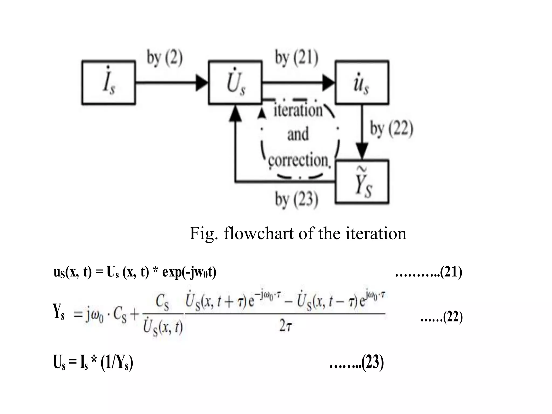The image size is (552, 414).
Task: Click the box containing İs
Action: point(108,82)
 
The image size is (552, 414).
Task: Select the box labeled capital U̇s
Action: point(235,82)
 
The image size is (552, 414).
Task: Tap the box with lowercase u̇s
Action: point(362,82)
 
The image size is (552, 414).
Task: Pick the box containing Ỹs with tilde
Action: point(362,182)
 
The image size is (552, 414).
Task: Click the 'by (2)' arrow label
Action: point(164,58)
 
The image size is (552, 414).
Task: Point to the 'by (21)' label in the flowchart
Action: point(296,58)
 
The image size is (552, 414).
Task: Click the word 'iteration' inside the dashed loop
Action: point(298,111)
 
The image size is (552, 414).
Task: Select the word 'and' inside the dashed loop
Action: point(298,134)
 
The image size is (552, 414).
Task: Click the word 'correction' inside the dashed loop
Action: point(298,160)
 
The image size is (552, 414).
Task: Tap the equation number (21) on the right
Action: point(451,272)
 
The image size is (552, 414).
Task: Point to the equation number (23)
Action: point(372,363)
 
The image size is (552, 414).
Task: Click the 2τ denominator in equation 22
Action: point(285,327)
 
